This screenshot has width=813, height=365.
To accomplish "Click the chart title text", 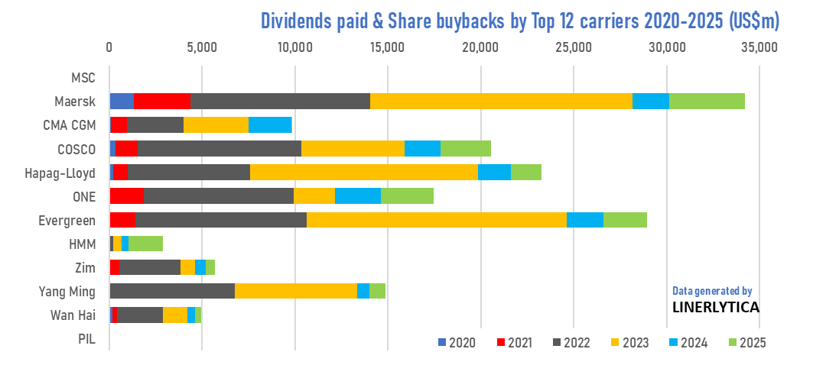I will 520,20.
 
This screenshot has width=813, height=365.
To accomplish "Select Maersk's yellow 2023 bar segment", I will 501,101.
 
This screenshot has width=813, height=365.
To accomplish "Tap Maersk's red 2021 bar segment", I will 162,101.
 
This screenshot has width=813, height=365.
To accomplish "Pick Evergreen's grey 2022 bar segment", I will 221,220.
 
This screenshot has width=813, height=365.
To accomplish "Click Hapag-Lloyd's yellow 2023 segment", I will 364,172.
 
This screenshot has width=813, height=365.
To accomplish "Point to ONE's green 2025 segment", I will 407,195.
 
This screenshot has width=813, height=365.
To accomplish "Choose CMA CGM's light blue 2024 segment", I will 271,124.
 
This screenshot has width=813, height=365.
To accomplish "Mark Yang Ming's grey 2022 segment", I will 172,291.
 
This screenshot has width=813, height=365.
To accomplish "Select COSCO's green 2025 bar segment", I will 466,148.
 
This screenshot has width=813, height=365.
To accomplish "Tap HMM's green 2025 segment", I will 145,244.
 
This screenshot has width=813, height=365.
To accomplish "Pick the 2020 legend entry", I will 457,342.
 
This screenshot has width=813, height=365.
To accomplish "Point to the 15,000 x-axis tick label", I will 388,47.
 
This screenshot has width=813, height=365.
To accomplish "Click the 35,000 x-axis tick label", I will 759,47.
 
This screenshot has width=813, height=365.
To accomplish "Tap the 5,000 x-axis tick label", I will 202,47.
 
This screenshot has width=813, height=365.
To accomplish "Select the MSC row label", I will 83,77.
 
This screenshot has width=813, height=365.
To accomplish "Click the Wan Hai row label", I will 73,315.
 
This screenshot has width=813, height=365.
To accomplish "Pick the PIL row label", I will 86,338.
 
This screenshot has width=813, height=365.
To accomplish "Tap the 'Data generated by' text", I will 712,291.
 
